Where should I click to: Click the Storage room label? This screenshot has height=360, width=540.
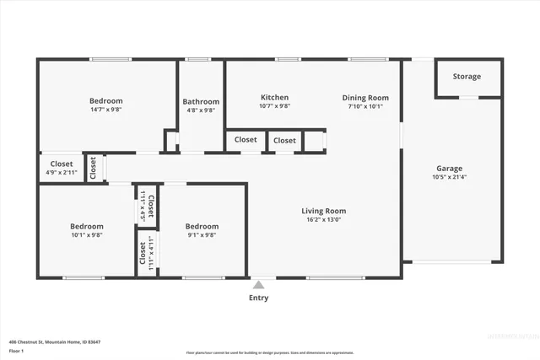click(467, 77)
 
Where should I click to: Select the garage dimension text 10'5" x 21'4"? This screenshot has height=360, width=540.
click(449, 177)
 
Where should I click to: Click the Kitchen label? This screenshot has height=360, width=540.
click(274, 98)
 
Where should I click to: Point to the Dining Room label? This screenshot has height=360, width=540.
click(364, 98)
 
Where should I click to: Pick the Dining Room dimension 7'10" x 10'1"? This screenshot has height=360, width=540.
click(364, 107)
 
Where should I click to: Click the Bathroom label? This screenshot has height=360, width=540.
click(201, 102)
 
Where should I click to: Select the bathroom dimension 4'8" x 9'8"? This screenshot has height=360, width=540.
click(201, 110)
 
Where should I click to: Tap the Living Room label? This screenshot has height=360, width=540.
click(324, 211)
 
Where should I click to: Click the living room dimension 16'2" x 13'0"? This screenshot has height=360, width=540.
click(324, 220)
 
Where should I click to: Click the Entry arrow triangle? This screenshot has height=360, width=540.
click(258, 285)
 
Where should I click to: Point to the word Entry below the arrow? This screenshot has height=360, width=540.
click(258, 298)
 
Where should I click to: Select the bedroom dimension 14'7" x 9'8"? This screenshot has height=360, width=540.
click(106, 110)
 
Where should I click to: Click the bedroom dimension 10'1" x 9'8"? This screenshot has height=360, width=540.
click(86, 235)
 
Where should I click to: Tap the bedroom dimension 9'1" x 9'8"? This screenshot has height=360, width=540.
click(202, 235)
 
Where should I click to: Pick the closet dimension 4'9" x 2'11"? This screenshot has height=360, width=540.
click(61, 173)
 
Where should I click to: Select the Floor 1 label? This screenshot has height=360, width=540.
click(16, 350)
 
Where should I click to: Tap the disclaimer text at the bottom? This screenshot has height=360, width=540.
click(270, 352)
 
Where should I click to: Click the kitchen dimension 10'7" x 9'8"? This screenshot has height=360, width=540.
click(274, 107)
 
